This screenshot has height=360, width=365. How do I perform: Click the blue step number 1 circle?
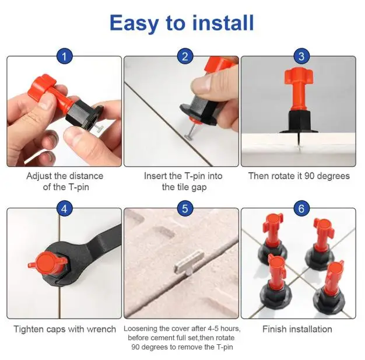64,57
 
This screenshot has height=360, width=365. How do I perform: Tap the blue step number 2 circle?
185,57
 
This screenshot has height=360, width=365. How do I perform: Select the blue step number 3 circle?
301,57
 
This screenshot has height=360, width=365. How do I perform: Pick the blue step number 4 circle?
64,209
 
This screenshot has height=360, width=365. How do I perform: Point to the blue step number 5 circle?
185,209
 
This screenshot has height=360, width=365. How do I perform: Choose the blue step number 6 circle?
301,209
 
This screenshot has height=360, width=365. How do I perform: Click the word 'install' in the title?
223,23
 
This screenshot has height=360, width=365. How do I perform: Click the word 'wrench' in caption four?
101,329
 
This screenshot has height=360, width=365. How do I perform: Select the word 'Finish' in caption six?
274,329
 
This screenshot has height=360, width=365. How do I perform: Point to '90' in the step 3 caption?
310,176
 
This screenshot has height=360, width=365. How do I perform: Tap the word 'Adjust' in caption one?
39,176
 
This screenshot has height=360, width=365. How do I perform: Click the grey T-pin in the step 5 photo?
189,263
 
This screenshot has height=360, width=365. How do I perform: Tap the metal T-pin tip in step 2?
188,135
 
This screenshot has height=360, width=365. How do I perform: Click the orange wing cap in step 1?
42,87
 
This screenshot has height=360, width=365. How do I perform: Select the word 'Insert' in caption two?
156,176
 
